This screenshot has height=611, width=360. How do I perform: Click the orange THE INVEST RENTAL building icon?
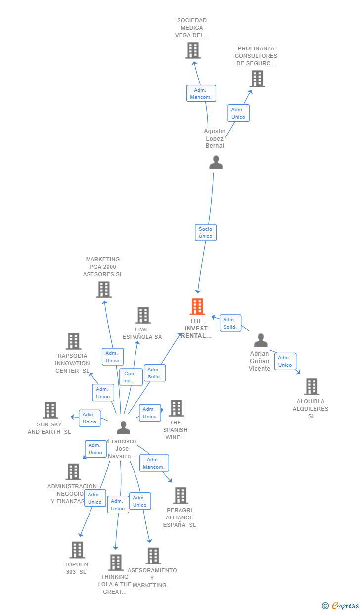pyautogui.click(x=197, y=307)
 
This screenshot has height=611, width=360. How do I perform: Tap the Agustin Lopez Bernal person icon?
pyautogui.click(x=216, y=162)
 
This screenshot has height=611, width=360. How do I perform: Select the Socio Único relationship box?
pyautogui.click(x=206, y=233)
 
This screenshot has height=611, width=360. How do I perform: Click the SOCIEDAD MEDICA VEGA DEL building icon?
pyautogui.click(x=193, y=50)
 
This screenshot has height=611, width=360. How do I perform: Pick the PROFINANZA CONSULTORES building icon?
pyautogui.click(x=257, y=79)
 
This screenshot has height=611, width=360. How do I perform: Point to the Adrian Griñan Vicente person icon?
pyautogui.click(x=261, y=340)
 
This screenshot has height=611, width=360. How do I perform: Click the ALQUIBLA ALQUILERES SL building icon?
pyautogui.click(x=312, y=387)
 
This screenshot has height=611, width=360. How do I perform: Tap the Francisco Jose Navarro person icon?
pyautogui.click(x=123, y=427)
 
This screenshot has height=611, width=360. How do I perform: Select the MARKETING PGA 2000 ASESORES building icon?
pyautogui.click(x=104, y=289)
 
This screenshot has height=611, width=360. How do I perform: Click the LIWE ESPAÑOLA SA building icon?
pyautogui.click(x=143, y=315)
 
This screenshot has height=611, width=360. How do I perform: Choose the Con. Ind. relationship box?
pyautogui.click(x=131, y=377)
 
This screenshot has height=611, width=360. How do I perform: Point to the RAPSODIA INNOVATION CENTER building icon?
pyautogui.click(x=74, y=341)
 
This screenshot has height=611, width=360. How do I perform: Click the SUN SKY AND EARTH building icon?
pyautogui.click(x=50, y=410)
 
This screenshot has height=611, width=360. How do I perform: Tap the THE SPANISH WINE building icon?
pyautogui.click(x=177, y=408)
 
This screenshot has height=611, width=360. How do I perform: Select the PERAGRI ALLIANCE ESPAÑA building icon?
pyautogui.click(x=180, y=496)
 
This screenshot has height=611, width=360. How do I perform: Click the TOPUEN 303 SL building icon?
pyautogui.click(x=77, y=550)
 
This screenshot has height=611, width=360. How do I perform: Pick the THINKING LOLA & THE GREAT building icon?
pyautogui.click(x=116, y=563)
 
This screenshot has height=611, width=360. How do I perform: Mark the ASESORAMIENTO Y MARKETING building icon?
pyautogui.click(x=153, y=556)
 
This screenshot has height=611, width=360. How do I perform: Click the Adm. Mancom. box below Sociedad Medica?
pyautogui.click(x=201, y=94)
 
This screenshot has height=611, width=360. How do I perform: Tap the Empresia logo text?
pyautogui.click(x=345, y=605)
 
